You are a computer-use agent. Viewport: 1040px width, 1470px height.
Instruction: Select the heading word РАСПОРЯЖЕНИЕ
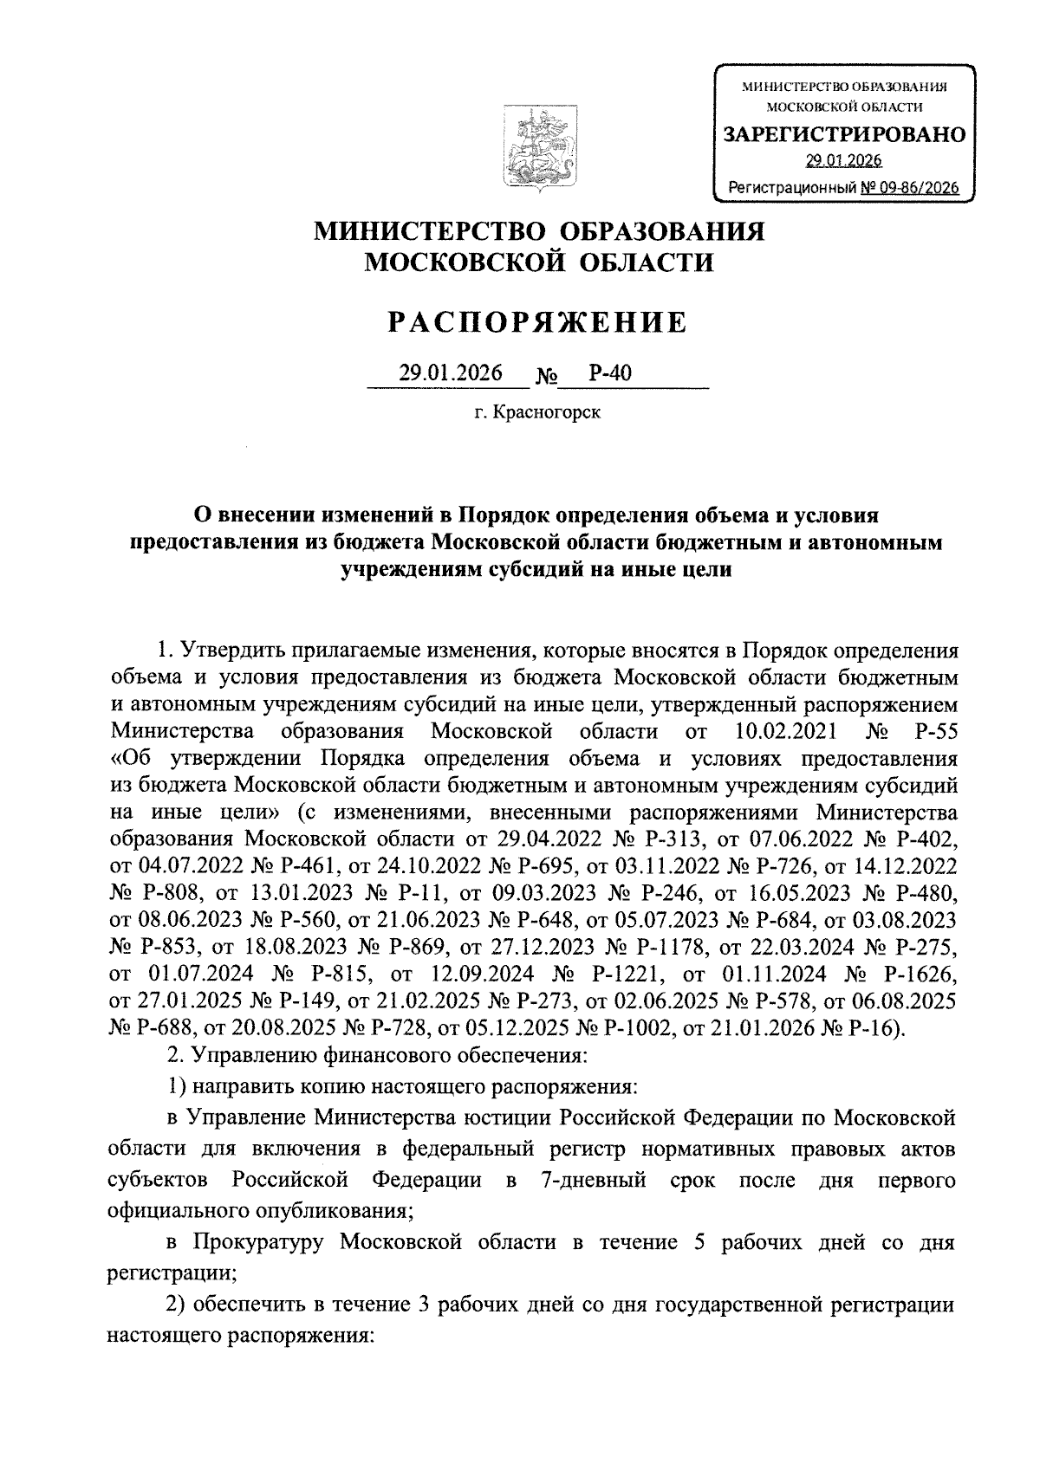point(537,322)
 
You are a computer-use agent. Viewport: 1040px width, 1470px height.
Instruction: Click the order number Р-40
point(609,373)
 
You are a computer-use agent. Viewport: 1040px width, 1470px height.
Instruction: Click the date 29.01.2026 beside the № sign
point(451,373)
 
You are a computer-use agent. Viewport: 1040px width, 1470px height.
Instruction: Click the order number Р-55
point(935,731)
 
